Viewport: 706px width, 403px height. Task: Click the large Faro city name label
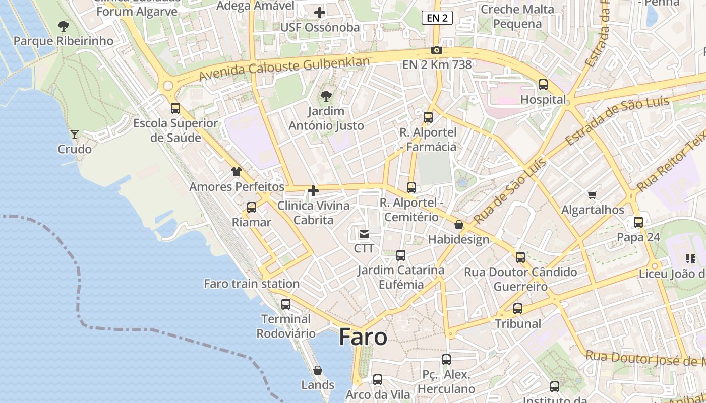coord(363,337)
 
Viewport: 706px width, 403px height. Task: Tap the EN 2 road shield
coord(437,18)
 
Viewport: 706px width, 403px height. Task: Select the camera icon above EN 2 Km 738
coord(437,50)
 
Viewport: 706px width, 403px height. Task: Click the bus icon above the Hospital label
coord(543,85)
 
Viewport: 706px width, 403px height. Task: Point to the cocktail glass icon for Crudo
coord(75,134)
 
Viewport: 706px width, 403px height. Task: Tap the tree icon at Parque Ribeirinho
coord(63,26)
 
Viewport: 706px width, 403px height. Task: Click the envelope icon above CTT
coord(364,234)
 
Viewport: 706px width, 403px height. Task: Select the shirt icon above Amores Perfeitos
coord(237,172)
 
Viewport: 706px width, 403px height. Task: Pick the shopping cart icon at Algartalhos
coord(593,195)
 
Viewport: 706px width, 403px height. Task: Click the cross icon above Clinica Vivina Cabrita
coord(313,191)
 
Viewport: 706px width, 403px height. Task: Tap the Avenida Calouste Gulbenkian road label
coord(284,69)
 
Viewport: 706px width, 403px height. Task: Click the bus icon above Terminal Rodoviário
coord(286,304)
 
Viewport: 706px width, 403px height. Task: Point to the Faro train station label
coord(252,284)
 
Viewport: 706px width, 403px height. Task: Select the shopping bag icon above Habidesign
coord(458,225)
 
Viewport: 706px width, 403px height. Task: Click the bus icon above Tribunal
coord(517,309)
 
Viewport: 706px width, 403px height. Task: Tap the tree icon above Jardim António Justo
coord(326,96)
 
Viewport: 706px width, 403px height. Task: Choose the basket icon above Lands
coord(318,370)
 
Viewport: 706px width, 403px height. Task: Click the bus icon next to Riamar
coord(252,208)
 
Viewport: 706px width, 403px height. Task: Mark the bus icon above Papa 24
coord(638,222)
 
